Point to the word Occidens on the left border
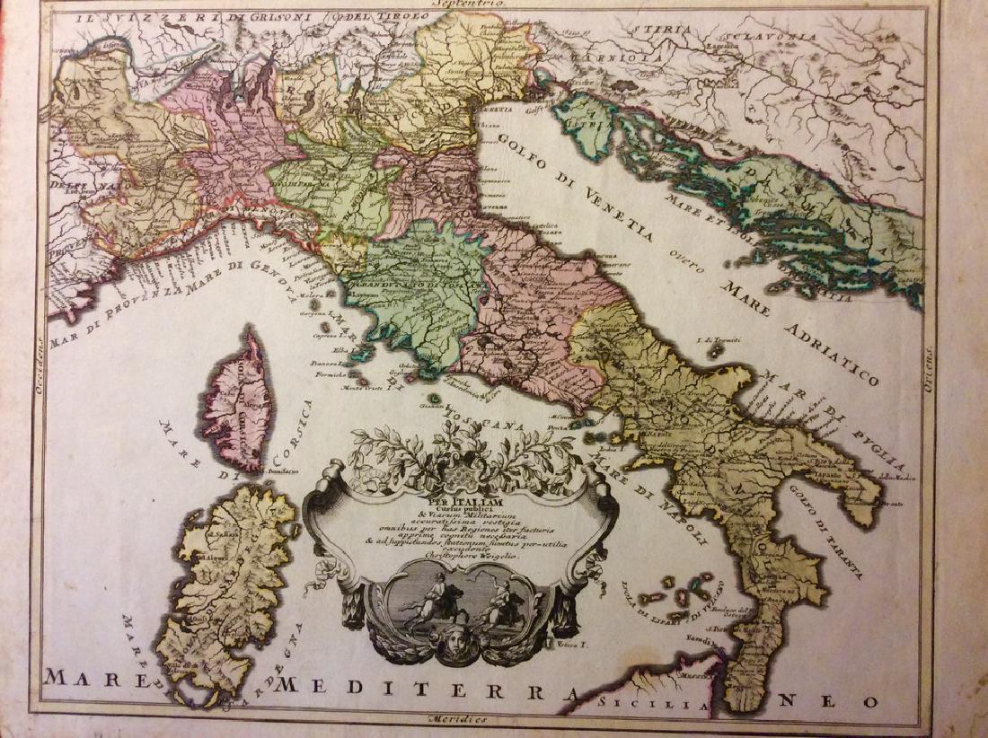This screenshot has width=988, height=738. point(40,359)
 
